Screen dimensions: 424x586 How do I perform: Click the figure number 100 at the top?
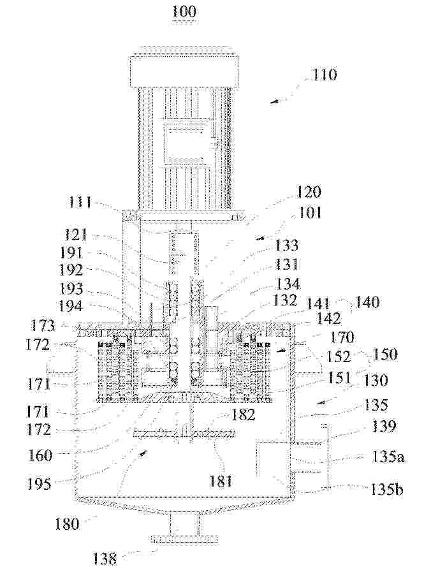[184, 11]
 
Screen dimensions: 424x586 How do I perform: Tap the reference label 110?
[324, 75]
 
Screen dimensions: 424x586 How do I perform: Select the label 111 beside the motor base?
[80, 202]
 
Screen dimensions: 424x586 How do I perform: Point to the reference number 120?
[308, 192]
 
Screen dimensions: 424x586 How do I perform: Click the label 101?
[311, 213]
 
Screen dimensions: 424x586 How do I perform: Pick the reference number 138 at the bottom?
[105, 559]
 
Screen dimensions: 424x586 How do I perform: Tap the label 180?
[67, 524]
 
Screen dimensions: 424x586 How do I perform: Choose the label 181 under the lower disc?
[221, 481]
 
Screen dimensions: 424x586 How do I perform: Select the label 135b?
[387, 489]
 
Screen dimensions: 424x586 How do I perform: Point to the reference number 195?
[39, 484]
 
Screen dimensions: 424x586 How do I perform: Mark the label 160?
[40, 455]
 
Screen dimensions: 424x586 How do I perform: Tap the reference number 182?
[243, 414]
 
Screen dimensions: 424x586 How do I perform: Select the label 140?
[367, 302]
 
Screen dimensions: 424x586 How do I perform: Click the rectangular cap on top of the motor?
[183, 71]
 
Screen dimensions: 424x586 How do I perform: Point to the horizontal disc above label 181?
[184, 434]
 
